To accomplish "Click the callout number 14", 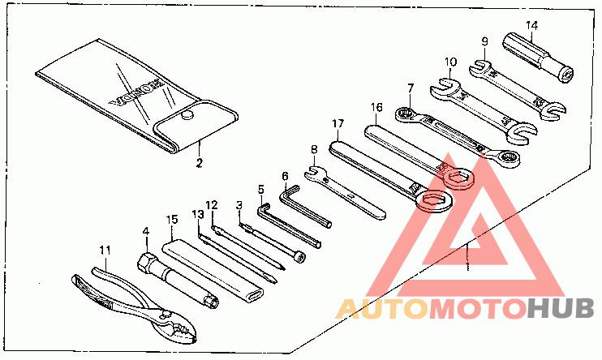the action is (531, 25).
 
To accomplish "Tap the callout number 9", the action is (484, 42).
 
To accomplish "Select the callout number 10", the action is (451, 62).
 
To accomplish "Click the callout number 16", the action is (376, 106).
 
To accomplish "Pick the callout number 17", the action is (338, 124).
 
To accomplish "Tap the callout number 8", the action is (313, 149).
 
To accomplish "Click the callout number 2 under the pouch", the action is (197, 161).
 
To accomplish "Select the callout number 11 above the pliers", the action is (105, 249).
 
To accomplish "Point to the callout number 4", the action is (146, 231).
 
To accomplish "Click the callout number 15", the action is (171, 219).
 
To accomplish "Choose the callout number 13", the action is (197, 214).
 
